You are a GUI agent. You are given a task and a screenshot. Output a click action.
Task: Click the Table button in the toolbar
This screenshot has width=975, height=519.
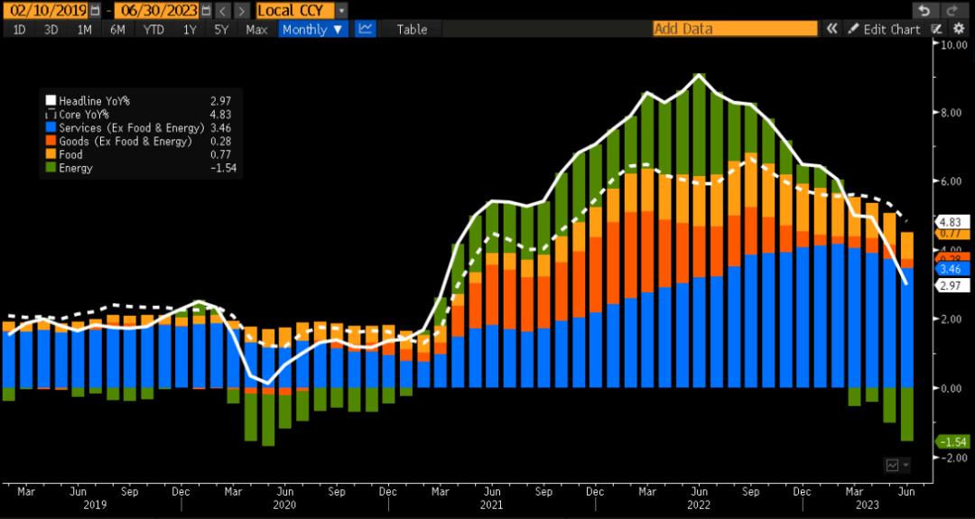[412, 29]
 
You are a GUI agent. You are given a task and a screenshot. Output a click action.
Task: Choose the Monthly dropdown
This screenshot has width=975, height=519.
[312, 29]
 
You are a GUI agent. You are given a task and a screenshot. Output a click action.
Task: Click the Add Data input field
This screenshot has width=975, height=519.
[735, 29]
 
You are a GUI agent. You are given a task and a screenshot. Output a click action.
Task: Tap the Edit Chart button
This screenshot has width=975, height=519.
[885, 29]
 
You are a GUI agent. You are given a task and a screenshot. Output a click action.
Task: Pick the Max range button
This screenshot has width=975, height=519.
[256, 29]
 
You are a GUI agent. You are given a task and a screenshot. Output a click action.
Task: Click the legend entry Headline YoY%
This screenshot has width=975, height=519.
[94, 101]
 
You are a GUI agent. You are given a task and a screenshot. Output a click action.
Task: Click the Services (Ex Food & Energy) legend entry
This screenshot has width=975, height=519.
[131, 128]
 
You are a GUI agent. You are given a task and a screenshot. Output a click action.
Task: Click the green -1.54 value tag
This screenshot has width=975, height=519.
[953, 441]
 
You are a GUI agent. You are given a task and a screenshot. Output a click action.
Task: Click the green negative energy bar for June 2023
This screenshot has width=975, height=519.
[906, 414]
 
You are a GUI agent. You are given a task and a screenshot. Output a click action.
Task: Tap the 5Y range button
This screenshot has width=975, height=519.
[220, 29]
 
